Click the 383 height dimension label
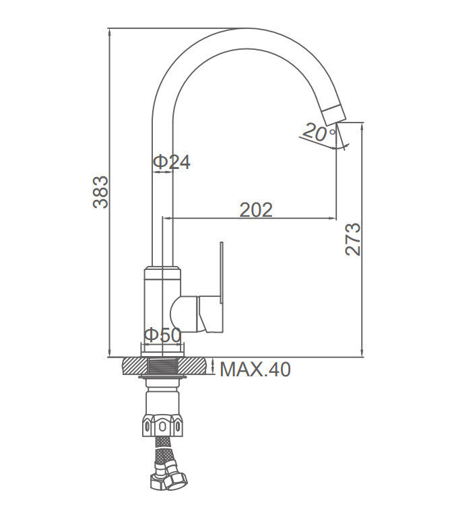coord(100,192)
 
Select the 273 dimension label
coord(353,239)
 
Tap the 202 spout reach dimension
coord(256,210)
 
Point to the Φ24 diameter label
coord(172,162)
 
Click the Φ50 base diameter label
coord(162,335)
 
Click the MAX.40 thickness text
coord(255,370)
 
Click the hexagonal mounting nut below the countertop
coord(162,425)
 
